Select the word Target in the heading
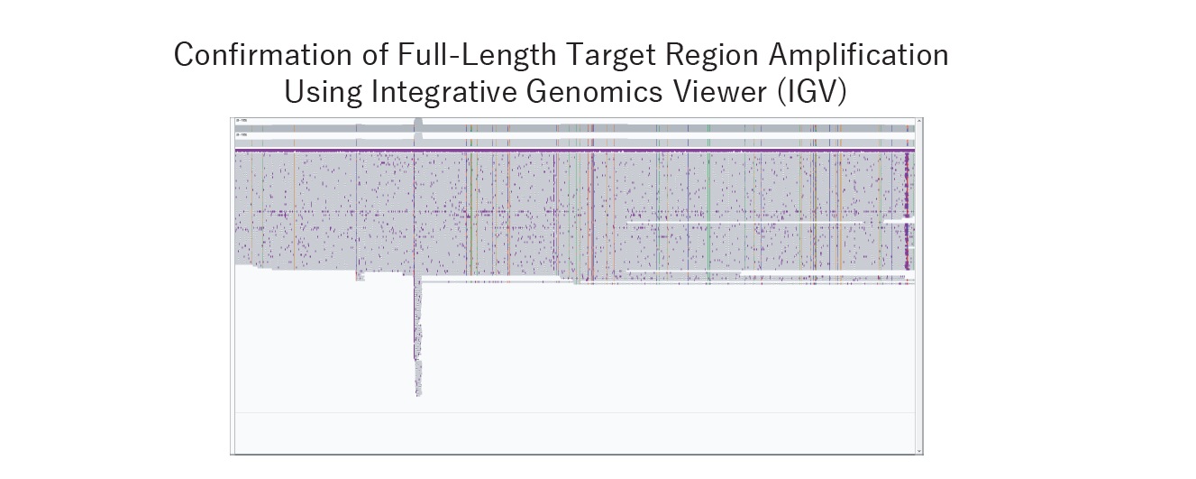coord(613,55)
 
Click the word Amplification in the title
coord(858,55)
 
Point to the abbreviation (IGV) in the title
coord(809,91)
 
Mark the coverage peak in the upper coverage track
coord(417,123)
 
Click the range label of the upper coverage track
coord(241,120)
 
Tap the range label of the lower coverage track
coord(241,135)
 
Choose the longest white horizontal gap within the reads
coord(744,222)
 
